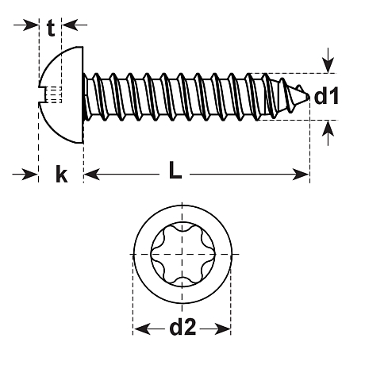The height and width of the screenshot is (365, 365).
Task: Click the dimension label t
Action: (51, 29)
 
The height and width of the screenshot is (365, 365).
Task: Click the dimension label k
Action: (62, 174)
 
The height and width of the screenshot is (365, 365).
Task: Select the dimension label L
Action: (175, 170)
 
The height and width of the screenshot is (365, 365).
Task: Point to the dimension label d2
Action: (182, 326)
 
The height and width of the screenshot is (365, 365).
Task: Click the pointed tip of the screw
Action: (308, 96)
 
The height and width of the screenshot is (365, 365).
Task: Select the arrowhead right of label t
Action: (70, 25)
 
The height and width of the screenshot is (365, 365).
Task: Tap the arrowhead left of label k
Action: (29, 175)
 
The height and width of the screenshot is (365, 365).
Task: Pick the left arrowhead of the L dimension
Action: (92, 175)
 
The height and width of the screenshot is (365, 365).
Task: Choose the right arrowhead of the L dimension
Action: (301, 175)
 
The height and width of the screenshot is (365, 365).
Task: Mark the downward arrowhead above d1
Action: (328, 65)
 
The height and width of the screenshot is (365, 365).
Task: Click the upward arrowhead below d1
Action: (328, 129)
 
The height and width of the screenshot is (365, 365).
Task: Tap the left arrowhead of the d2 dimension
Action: (142, 328)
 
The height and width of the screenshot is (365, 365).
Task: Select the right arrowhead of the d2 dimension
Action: (222, 328)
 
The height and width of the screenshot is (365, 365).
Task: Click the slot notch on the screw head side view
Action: (42, 94)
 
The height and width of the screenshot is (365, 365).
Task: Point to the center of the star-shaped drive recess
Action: (182, 254)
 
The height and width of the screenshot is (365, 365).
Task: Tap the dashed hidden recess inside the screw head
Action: (54, 94)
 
